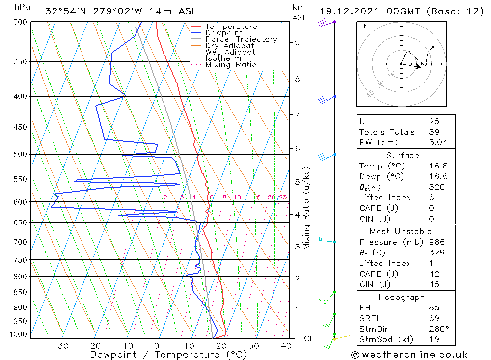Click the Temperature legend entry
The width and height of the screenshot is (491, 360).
(x=231, y=27)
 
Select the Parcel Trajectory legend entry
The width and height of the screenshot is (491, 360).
(x=241, y=39)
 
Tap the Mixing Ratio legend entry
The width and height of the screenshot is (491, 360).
(x=231, y=64)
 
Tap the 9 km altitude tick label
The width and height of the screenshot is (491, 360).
(x=297, y=42)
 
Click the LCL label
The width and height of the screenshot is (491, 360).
(x=306, y=339)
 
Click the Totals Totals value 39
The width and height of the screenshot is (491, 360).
(x=434, y=132)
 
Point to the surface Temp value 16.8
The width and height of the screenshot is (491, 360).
(x=438, y=166)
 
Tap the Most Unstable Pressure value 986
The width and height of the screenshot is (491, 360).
(x=436, y=242)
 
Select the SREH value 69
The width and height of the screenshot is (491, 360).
(x=434, y=318)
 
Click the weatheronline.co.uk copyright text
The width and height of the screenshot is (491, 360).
(x=409, y=355)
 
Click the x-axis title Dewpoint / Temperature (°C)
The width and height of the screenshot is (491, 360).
(x=168, y=355)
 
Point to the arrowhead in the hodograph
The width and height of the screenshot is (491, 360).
(x=419, y=67)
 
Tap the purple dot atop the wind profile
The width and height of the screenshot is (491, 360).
(x=335, y=22)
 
